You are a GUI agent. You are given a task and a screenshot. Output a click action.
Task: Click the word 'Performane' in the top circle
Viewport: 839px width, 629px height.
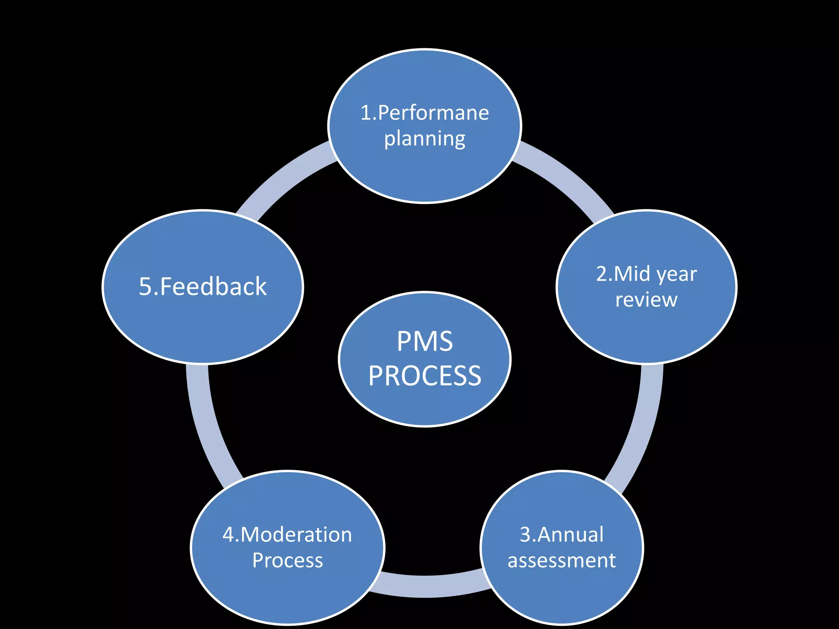point(433,113)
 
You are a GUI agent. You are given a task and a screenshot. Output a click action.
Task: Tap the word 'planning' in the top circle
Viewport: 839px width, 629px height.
point(425,139)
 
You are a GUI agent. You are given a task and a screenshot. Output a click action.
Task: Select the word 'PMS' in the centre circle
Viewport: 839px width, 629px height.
point(425,342)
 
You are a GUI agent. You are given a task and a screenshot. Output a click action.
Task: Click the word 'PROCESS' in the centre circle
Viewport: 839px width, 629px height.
point(425,376)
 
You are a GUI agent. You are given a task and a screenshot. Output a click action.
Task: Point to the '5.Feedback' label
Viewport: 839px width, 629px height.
point(203,286)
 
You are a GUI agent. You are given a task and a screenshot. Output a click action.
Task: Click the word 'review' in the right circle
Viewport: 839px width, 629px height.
point(646,300)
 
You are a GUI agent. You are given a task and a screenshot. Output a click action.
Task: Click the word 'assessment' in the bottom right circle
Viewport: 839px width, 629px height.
point(562,560)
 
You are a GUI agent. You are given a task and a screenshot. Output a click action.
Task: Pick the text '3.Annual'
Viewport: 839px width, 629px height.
point(562,534)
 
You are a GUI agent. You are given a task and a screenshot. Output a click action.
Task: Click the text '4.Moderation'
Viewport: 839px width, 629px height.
point(287,534)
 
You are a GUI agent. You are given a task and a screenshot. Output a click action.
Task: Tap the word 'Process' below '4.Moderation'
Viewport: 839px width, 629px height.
point(288,560)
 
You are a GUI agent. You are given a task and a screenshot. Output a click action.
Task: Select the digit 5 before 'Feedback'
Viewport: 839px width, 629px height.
point(146,286)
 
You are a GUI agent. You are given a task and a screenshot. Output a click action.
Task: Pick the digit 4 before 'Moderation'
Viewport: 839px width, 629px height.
point(228,534)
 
